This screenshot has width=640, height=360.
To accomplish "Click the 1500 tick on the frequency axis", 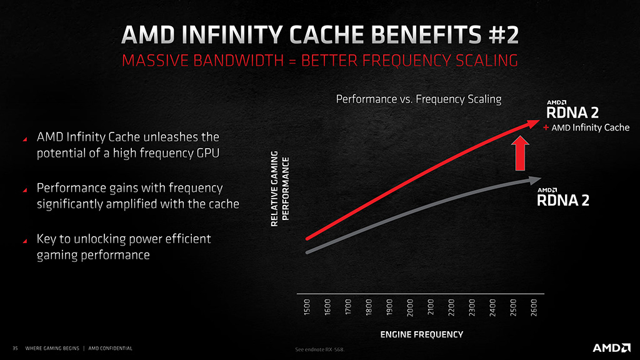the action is point(307,307).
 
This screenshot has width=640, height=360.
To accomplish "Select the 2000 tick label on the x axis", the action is point(410,307).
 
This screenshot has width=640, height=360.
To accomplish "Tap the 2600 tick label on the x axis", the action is point(534,307).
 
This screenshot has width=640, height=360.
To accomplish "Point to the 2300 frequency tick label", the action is point(472,307).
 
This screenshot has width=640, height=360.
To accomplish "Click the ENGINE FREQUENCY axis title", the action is point(422,335).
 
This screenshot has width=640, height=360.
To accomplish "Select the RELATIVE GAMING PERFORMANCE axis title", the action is point(280,189).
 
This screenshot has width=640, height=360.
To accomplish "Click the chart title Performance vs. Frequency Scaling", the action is point(418,99).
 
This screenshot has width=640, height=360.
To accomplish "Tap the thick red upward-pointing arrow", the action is point(520,154).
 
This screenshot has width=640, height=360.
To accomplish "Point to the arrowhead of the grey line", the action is point(535,180).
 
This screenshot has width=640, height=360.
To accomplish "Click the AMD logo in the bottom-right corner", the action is point(611,347).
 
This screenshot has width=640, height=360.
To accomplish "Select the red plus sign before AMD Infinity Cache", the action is point(546,127).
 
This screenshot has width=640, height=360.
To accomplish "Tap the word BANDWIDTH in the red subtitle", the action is point(238,61).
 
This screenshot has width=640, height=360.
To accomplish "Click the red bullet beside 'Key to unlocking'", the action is point(25,241).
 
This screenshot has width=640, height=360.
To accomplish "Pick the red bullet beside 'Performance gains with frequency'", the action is point(25,190).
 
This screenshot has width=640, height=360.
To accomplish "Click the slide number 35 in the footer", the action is point(15,348).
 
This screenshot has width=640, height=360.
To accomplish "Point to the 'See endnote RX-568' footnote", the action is point(319,349).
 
